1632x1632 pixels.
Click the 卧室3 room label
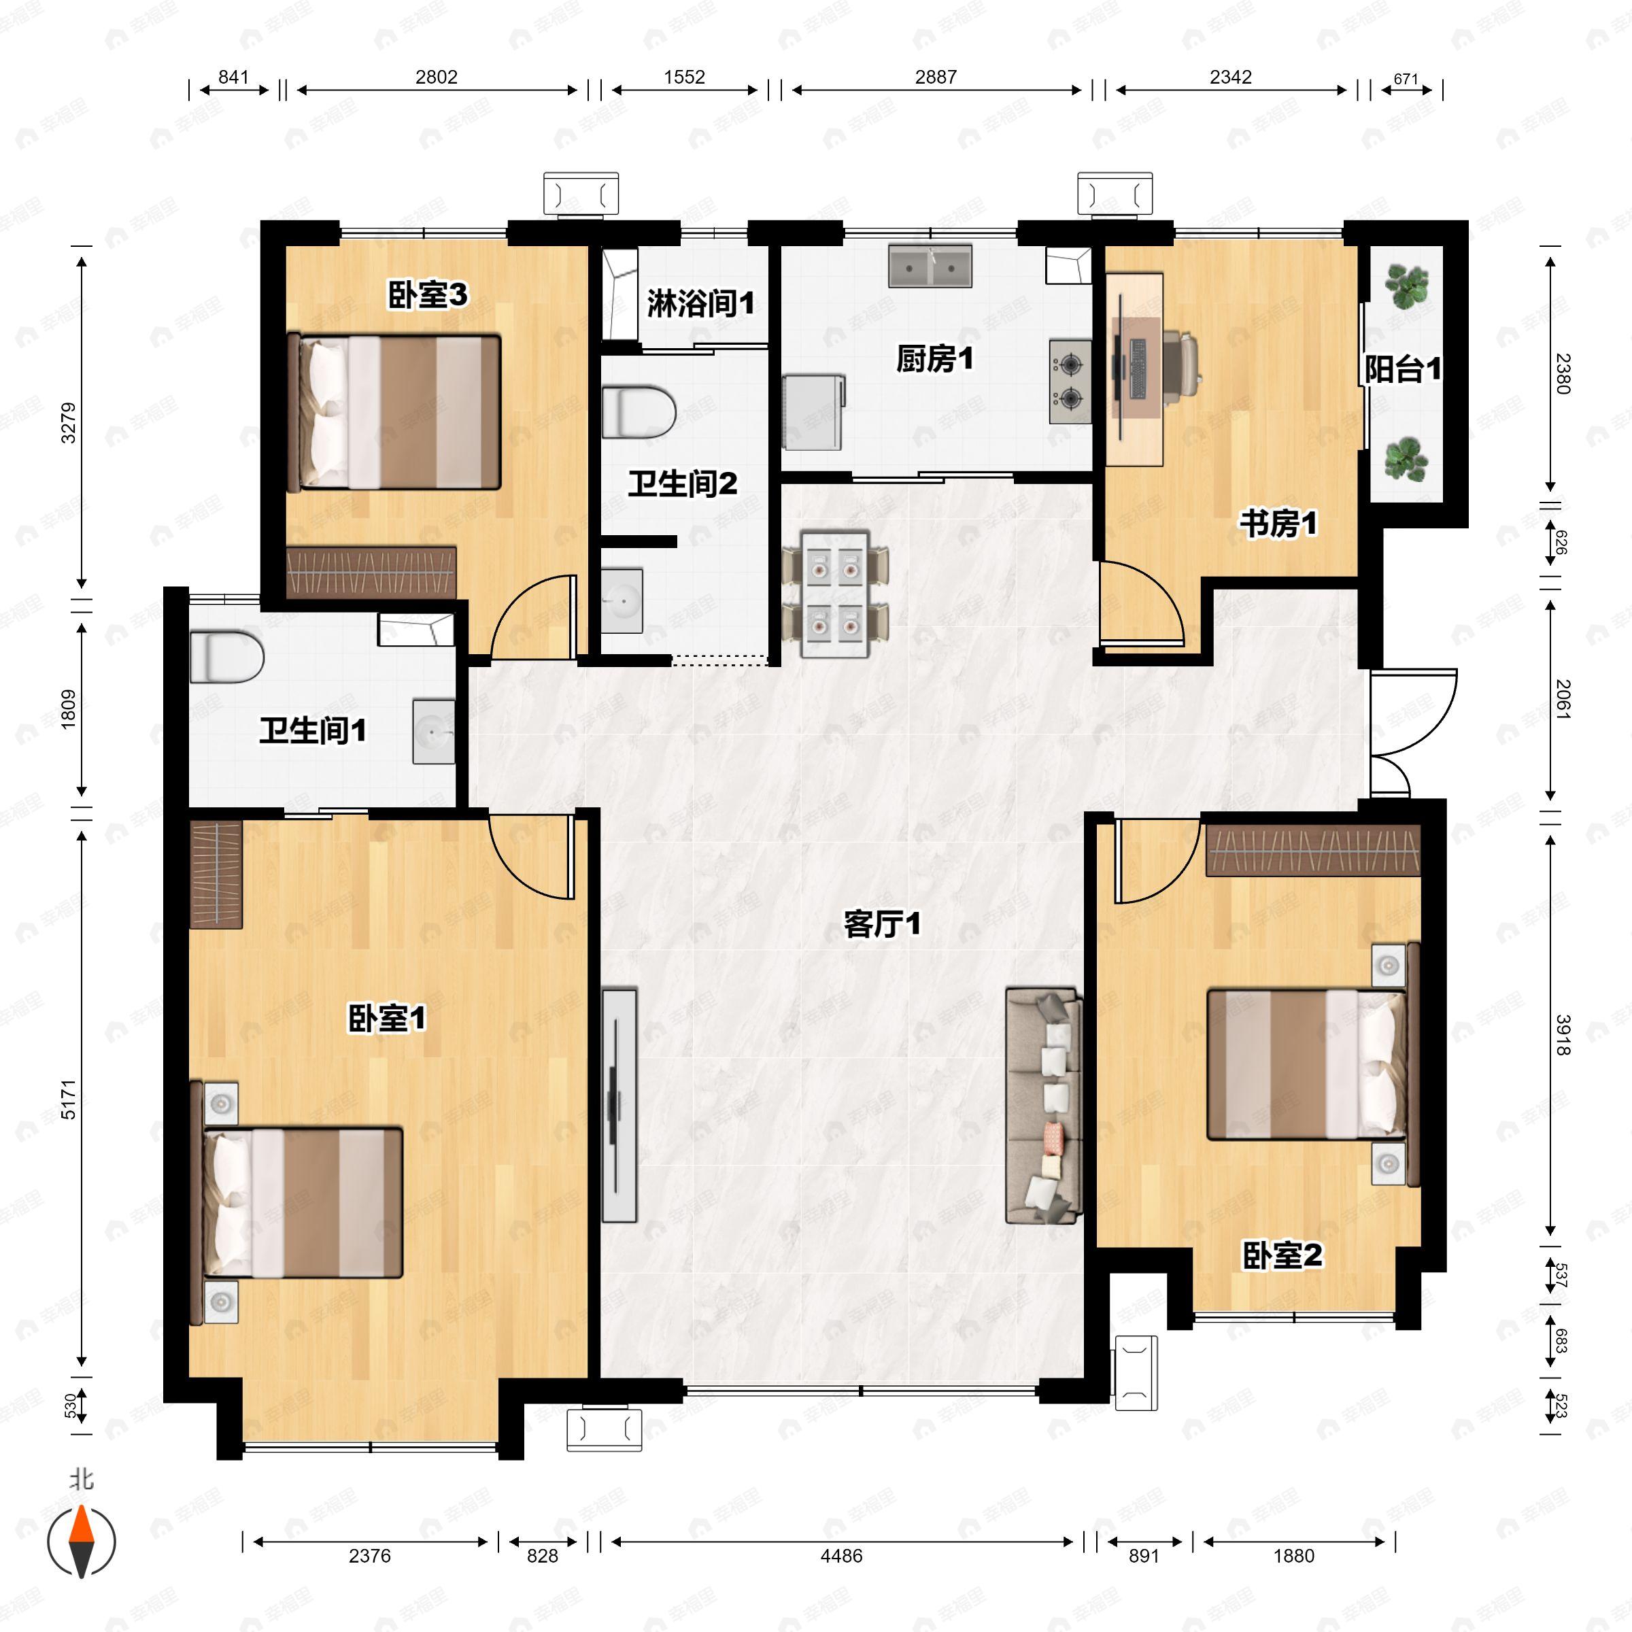click(428, 296)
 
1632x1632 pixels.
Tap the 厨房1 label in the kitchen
click(934, 359)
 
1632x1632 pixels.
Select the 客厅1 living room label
click(882, 924)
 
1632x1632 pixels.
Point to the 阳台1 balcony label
click(1403, 369)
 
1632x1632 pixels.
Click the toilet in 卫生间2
click(639, 412)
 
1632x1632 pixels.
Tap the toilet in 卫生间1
click(226, 656)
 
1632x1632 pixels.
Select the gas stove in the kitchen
click(1070, 381)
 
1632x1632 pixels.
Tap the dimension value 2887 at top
click(935, 77)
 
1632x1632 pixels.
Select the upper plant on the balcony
click(1406, 286)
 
